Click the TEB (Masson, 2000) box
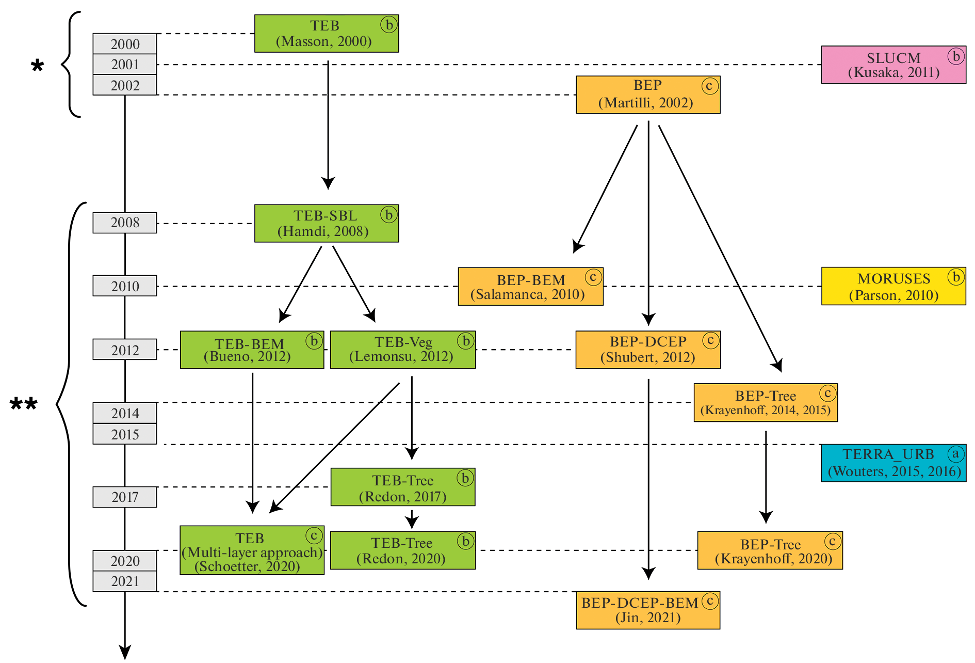click(326, 34)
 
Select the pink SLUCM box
click(893, 65)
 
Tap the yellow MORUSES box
click(893, 286)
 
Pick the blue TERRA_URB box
click(893, 463)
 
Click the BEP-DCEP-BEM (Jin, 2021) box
click(648, 610)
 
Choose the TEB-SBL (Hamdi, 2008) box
click(326, 224)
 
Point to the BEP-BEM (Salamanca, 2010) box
click(530, 287)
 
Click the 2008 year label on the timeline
click(125, 223)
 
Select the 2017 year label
click(125, 497)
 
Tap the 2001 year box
click(125, 65)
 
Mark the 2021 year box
click(125, 581)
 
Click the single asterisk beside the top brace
click(37, 66)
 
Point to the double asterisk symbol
click(24, 404)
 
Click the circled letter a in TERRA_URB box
click(955, 454)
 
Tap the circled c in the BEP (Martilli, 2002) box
click(709, 86)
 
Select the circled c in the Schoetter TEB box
click(314, 535)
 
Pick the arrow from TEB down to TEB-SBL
click(328, 124)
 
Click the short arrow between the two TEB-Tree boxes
click(412, 519)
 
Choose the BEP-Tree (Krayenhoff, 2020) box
click(770, 550)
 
